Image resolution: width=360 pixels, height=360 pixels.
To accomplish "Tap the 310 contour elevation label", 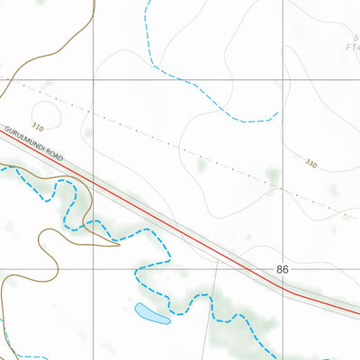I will tap(37, 128).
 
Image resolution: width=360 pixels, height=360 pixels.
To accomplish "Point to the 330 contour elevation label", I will tap(311, 164).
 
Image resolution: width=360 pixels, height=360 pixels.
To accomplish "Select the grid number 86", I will tap(283, 269).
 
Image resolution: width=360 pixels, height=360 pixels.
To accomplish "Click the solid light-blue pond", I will tap(151, 314).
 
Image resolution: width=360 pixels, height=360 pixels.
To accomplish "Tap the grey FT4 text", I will tap(352, 47).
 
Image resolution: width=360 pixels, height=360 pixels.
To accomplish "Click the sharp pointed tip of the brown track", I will tap(120, 244).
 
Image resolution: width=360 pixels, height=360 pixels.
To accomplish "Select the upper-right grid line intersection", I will tap(281, 80).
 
